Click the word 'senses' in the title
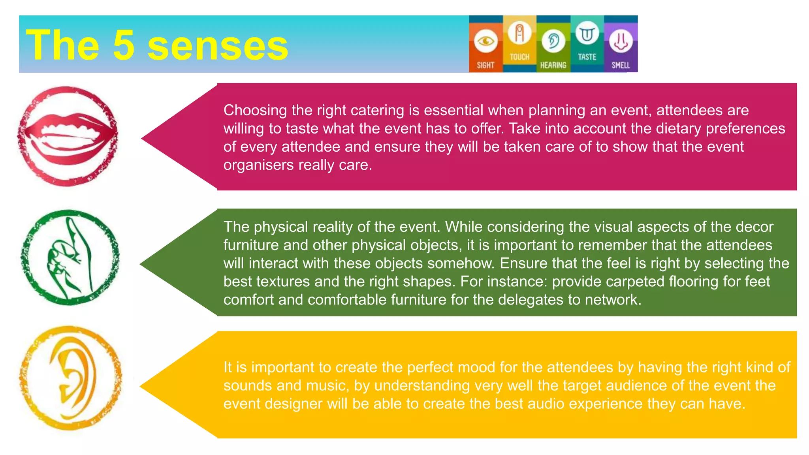coord(218,46)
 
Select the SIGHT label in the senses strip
coord(485,65)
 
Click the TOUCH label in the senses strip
coord(519,57)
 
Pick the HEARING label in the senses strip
coord(553,65)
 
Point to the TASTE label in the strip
coord(587,57)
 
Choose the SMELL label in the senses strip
coord(621,65)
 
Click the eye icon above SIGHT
coord(485,41)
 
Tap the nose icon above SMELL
coord(621,41)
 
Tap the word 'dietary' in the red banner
coord(678,129)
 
